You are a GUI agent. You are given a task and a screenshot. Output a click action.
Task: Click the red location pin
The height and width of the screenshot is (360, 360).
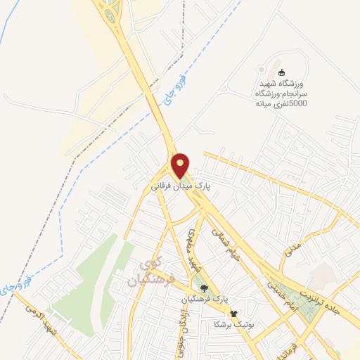click(181, 165)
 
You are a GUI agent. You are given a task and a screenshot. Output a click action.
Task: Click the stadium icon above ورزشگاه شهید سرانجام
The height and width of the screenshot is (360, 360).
click(282, 73)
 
